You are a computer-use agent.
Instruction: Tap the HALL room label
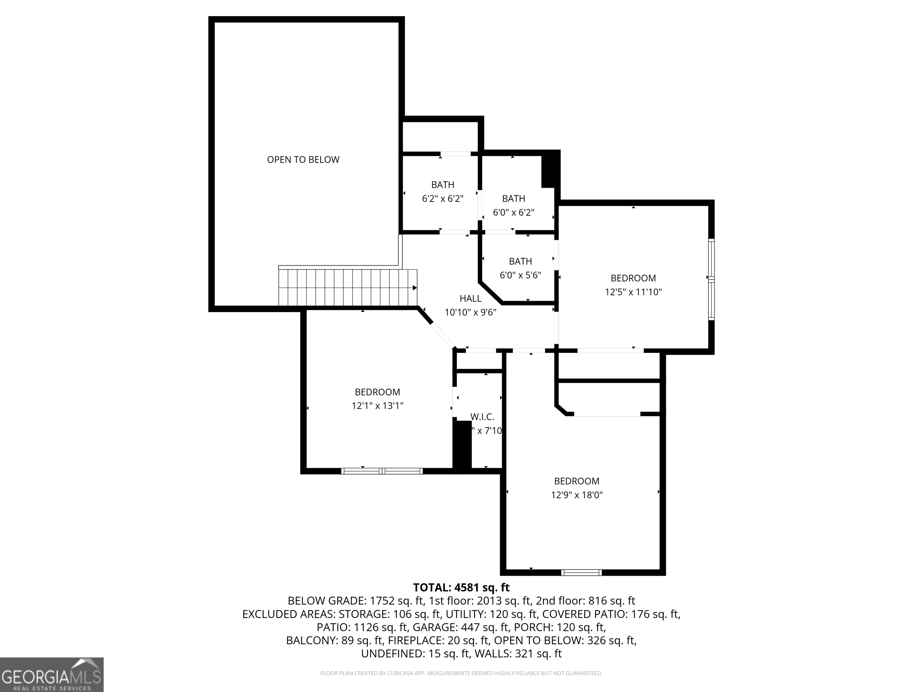470,298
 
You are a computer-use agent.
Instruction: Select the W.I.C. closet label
482,417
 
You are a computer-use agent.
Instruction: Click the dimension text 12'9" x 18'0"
577,495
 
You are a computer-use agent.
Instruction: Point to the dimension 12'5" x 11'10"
633,292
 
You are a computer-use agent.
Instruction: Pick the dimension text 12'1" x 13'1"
377,405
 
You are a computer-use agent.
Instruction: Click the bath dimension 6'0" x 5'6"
520,275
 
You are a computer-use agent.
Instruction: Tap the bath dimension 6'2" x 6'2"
443,199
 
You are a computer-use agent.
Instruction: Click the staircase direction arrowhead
415,288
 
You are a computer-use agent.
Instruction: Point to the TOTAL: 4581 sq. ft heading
461,587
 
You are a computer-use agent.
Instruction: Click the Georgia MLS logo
51,675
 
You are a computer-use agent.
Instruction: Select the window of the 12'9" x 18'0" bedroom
581,572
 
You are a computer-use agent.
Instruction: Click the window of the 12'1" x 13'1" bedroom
382,471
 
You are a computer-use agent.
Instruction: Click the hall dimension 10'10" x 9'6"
470,312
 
